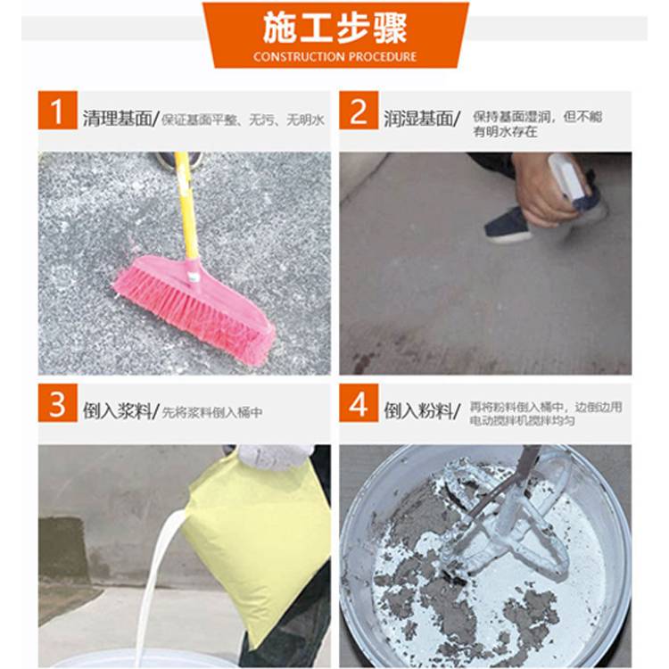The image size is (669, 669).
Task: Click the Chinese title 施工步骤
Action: coord(334,29)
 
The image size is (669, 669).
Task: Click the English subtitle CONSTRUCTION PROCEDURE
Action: coord(334,57)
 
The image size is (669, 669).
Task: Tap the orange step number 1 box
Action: coord(58,110)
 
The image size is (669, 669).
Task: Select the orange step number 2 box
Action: coord(359,110)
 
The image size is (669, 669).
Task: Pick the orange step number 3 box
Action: coord(58,403)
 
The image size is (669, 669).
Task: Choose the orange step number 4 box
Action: coord(359,403)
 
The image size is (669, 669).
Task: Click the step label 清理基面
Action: coord(118,119)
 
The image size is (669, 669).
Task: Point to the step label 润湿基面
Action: coord(418,119)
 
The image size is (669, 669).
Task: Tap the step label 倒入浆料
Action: coord(118,411)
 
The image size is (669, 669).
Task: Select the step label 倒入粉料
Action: coord(418,411)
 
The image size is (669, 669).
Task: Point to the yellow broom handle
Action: coord(186,206)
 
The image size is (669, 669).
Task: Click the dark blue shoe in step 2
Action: coord(508,225)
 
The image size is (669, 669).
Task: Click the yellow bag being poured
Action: coord(256,546)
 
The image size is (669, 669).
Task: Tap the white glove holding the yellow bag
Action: coord(276,457)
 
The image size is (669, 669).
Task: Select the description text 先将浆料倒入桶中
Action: coord(212,413)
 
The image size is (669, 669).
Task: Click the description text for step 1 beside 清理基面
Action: coord(243,120)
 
